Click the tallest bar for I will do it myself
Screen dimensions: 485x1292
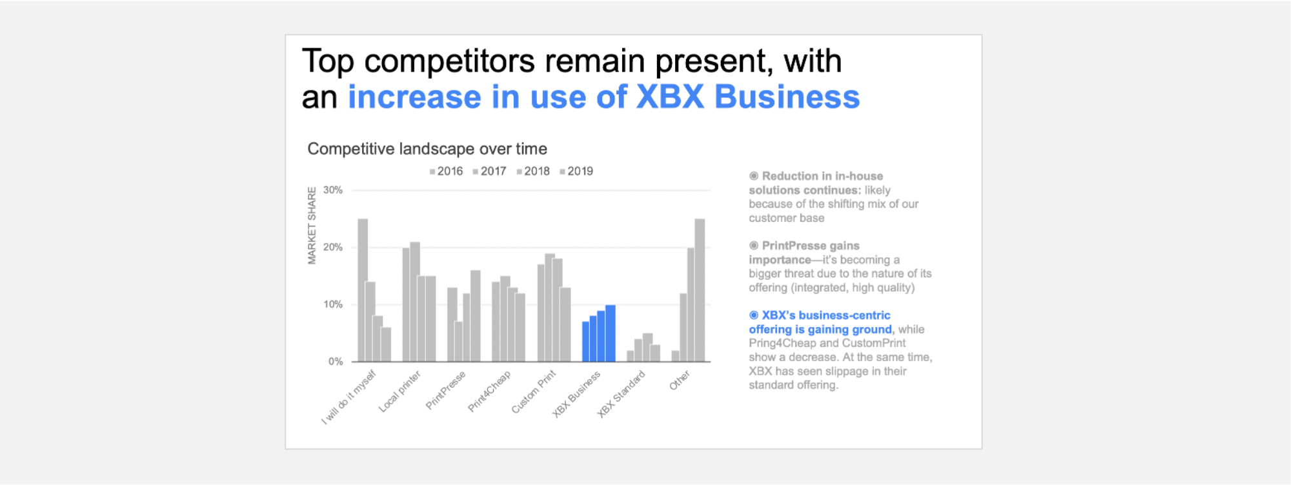click(363, 290)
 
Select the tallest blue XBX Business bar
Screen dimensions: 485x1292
click(611, 333)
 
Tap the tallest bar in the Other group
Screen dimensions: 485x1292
click(700, 290)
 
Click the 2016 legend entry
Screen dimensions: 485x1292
click(447, 172)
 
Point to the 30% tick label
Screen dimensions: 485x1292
click(333, 190)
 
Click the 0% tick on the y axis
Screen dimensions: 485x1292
click(336, 362)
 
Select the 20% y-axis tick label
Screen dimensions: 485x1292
click(333, 248)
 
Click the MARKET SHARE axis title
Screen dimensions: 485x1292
click(312, 226)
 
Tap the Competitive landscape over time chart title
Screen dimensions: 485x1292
click(427, 149)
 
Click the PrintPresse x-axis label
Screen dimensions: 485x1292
click(446, 390)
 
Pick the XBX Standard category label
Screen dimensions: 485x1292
click(621, 393)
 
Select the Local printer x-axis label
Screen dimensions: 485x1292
click(400, 391)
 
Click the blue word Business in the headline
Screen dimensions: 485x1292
click(787, 97)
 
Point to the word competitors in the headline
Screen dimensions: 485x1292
click(449, 62)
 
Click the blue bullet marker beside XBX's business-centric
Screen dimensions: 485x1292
click(754, 315)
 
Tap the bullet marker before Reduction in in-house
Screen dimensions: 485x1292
click(754, 176)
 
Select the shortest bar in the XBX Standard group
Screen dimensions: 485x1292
click(631, 356)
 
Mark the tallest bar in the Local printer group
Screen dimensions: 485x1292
click(415, 302)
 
